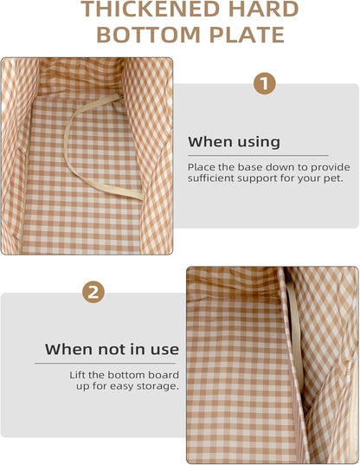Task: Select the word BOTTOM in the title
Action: [149, 35]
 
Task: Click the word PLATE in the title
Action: [247, 35]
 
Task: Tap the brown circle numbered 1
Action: [265, 83]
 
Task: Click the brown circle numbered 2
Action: [93, 292]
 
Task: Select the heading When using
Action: [234, 142]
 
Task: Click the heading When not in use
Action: [112, 349]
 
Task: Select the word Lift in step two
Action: [77, 375]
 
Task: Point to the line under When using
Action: [259, 155]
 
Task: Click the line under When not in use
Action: [105, 363]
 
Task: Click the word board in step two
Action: [164, 375]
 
